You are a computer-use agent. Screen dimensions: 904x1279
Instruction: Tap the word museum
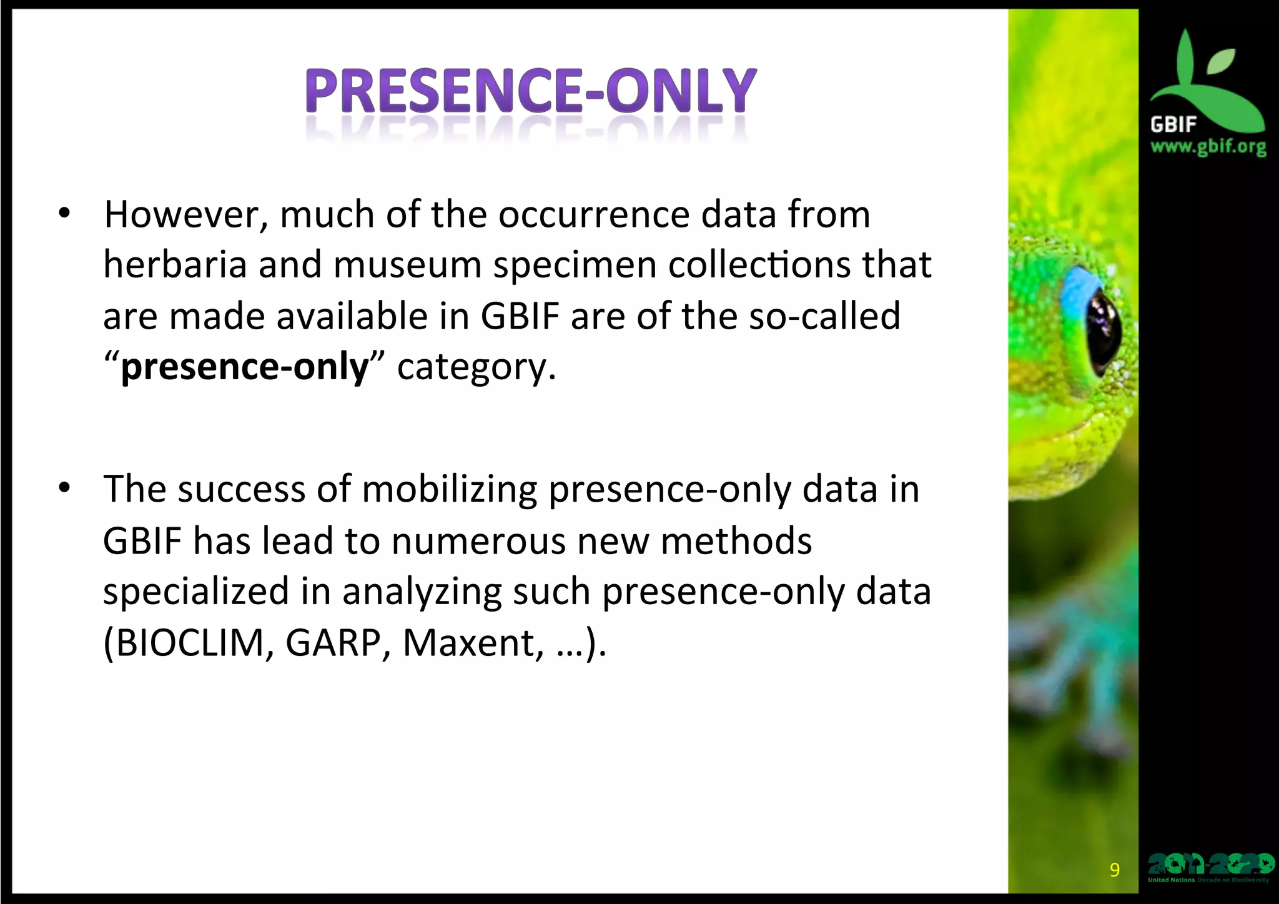point(407,265)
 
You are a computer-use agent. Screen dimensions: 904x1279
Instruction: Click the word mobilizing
point(449,489)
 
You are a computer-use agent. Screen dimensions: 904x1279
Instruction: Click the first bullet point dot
point(64,214)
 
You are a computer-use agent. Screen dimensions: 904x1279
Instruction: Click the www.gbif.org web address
point(1208,147)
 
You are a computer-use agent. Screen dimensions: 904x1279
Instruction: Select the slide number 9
point(1114,870)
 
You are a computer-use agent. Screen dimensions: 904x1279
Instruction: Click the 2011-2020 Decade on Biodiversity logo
point(1209,867)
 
